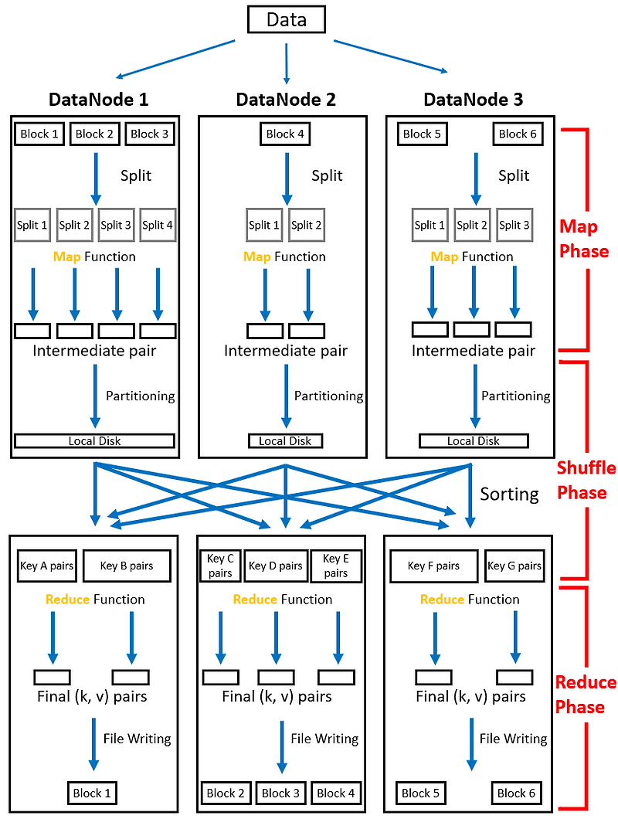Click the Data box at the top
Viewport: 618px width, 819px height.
click(287, 19)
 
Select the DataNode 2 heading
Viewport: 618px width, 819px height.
click(286, 100)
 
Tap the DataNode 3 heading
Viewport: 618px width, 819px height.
click(473, 100)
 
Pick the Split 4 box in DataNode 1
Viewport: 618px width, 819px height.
click(158, 225)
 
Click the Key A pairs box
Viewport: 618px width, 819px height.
click(46, 566)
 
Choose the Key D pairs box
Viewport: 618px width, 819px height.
click(276, 566)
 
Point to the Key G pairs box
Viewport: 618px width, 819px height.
click(514, 566)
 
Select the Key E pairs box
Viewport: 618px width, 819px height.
click(335, 566)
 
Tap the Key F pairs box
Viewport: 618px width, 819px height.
click(433, 566)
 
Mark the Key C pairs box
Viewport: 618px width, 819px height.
click(219, 566)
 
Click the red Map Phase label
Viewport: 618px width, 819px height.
click(584, 240)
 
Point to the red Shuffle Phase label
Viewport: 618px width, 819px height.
click(586, 480)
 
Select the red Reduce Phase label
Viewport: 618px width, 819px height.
click(586, 695)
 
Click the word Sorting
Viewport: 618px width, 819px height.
click(509, 494)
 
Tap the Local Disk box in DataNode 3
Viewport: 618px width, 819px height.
click(474, 440)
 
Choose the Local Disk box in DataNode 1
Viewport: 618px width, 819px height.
click(94, 440)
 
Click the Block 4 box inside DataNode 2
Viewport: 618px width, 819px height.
click(286, 134)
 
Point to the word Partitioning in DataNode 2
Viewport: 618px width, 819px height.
click(328, 396)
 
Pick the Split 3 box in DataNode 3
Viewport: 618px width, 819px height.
click(514, 225)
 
